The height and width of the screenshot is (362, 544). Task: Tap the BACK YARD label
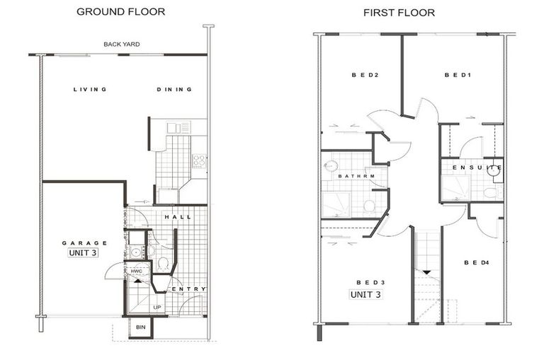(x=121, y=45)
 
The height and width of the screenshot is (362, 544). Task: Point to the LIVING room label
(x=90, y=90)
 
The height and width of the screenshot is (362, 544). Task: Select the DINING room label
(x=174, y=90)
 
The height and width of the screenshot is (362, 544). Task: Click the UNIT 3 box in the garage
(x=83, y=252)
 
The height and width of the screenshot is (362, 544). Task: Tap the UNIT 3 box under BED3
(x=365, y=293)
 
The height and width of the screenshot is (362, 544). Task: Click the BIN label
(x=140, y=328)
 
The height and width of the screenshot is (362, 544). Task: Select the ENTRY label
(x=189, y=289)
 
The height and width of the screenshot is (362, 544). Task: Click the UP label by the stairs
(x=157, y=308)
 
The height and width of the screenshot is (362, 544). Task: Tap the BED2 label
(x=362, y=75)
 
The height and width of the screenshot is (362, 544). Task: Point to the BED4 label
(x=476, y=262)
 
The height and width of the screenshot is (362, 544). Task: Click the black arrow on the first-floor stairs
(x=427, y=271)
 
